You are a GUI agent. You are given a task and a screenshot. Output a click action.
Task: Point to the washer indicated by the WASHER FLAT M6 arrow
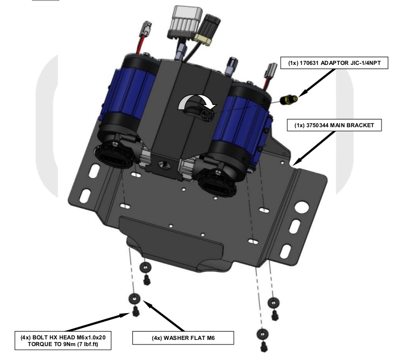133,299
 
